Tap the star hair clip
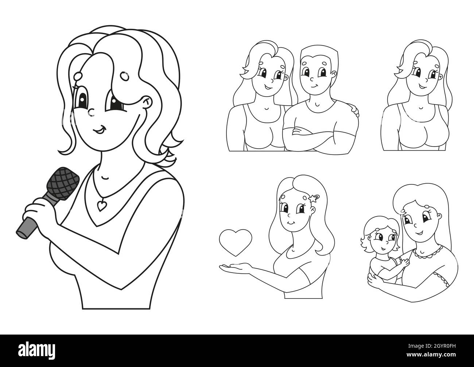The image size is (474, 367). [313, 199]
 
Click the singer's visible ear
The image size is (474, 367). [147, 103]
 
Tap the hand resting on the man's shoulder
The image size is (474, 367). [353, 110]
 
